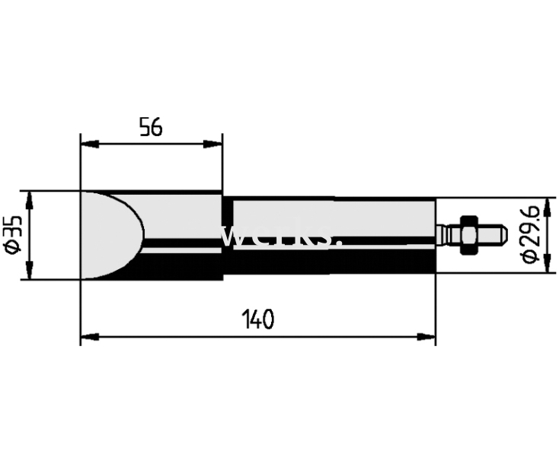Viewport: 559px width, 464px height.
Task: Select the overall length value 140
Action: coord(258,319)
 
